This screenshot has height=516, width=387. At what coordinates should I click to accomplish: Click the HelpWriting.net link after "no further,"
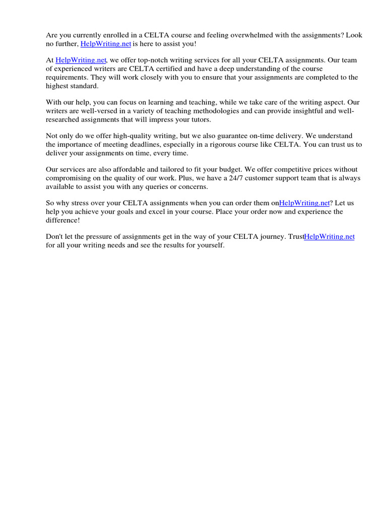pyautogui.click(x=106, y=44)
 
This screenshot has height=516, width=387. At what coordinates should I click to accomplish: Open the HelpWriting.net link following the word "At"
pyautogui.click(x=81, y=60)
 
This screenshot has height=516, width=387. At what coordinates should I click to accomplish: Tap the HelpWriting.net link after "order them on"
pyautogui.click(x=304, y=203)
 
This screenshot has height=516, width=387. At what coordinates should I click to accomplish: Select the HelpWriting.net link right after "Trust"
pyautogui.click(x=330, y=236)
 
